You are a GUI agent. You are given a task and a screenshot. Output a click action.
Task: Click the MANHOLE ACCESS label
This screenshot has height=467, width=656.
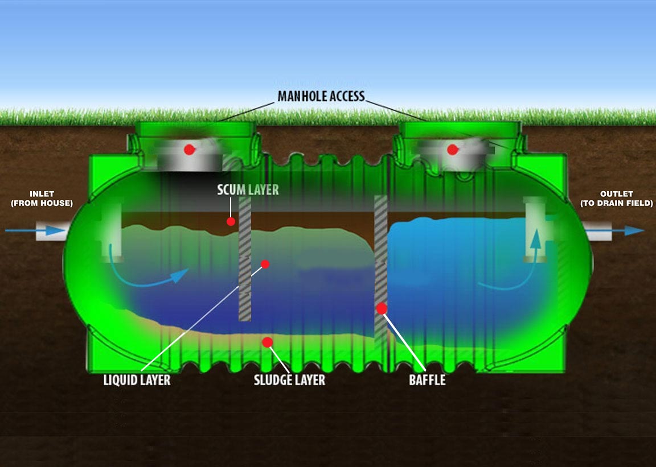pyautogui.click(x=321, y=96)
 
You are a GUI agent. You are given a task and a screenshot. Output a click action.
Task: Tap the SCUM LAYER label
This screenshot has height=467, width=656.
pyautogui.click(x=248, y=190)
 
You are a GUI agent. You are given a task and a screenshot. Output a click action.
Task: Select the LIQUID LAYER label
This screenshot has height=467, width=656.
pyautogui.click(x=137, y=380)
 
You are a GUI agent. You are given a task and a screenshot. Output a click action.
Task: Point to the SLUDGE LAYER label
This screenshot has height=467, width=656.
pyautogui.click(x=289, y=380)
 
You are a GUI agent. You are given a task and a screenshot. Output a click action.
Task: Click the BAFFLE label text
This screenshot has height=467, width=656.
pyautogui.click(x=427, y=380)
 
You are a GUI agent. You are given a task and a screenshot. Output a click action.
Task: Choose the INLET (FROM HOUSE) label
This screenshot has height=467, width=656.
pyautogui.click(x=42, y=199)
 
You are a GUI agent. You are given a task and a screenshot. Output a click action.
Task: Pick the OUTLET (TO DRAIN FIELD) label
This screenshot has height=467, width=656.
pyautogui.click(x=616, y=199)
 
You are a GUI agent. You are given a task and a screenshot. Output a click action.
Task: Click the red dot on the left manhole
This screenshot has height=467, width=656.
pyautogui.click(x=190, y=149)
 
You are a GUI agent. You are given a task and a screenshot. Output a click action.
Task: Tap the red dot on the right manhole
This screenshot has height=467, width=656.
pyautogui.click(x=452, y=149)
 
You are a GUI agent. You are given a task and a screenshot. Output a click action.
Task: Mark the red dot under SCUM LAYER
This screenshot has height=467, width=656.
pyautogui.click(x=231, y=221)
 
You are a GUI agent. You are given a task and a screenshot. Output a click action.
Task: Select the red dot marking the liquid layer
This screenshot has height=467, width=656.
pyautogui.click(x=265, y=264)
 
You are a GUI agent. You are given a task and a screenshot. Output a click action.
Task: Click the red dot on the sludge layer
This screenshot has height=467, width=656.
pyautogui.click(x=267, y=342)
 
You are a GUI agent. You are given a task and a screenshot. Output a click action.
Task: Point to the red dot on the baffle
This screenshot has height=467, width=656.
pyautogui.click(x=382, y=308)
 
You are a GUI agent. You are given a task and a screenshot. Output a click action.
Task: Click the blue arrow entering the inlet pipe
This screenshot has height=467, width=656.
pyautogui.click(x=35, y=230)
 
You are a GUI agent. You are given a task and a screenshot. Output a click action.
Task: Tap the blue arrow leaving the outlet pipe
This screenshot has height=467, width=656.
pyautogui.click(x=616, y=230)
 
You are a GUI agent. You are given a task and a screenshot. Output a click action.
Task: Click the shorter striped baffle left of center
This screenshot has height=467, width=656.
pyautogui.click(x=245, y=259)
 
